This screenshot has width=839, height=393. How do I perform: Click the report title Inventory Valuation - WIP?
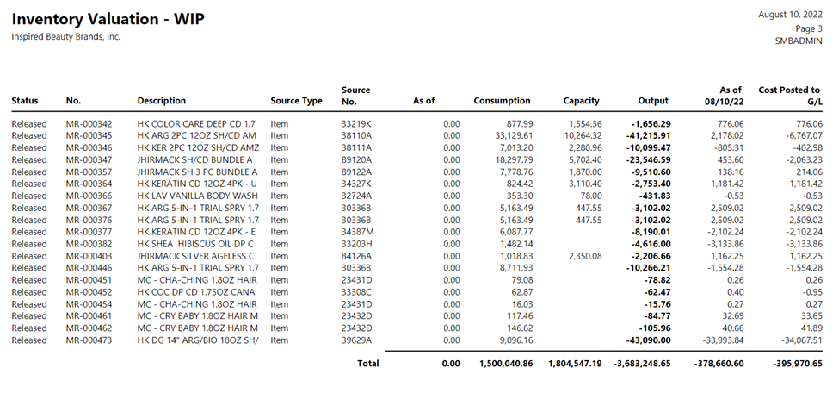[108, 19]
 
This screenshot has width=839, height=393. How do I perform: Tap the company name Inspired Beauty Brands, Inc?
[66, 37]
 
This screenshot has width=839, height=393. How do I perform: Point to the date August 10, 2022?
[790, 15]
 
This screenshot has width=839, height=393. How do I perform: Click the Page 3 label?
[809, 28]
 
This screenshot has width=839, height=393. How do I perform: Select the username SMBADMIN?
[799, 41]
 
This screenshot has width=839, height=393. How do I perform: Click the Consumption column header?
[502, 100]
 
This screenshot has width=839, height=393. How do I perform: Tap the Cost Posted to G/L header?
[790, 95]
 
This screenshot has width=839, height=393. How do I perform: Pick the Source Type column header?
[296, 101]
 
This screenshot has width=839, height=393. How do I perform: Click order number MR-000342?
[89, 124]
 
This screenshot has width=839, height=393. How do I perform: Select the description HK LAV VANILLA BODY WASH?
[197, 196]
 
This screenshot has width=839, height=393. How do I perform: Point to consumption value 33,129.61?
[510, 135]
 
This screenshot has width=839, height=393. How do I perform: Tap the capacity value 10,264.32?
[583, 135]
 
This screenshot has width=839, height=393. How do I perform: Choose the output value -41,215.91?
[648, 135]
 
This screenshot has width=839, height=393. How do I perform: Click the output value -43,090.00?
[648, 340]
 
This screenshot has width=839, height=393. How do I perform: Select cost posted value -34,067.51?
[801, 340]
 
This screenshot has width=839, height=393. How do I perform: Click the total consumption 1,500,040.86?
[506, 364]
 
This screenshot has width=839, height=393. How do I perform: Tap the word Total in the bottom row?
[368, 364]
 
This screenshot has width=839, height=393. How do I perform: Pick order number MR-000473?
[89, 340]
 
